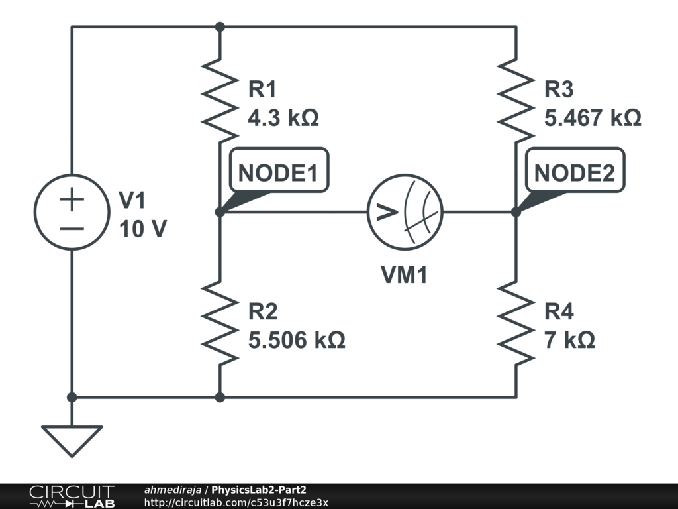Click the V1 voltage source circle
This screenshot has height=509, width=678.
click(x=72, y=212)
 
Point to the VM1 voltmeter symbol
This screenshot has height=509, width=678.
click(x=405, y=212)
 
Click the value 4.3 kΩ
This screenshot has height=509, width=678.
click(x=283, y=118)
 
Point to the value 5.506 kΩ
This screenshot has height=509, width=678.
click(x=297, y=341)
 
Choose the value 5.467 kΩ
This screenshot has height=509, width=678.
click(x=593, y=118)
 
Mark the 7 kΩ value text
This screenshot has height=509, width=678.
click(x=569, y=341)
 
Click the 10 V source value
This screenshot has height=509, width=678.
click(x=143, y=229)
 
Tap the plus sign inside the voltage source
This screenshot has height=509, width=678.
click(x=72, y=199)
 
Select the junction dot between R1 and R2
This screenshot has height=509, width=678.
click(x=220, y=212)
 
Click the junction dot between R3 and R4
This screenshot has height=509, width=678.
click(x=516, y=212)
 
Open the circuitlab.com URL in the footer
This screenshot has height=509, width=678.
click(x=236, y=503)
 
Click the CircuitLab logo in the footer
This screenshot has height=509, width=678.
click(x=72, y=496)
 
